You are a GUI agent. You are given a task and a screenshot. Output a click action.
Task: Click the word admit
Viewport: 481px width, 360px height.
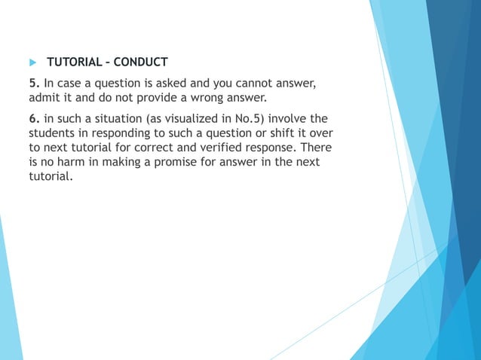coord(44,98)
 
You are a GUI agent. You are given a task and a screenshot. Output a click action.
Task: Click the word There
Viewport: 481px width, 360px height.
coord(315,148)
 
